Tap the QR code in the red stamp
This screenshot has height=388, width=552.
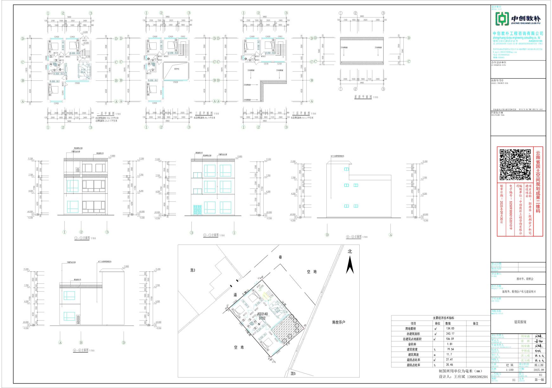(515, 164)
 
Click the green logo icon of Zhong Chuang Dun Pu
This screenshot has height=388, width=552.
(501, 19)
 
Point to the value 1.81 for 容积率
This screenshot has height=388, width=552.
(449, 344)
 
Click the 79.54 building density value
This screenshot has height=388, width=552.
(450, 349)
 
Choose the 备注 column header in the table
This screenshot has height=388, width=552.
(475, 323)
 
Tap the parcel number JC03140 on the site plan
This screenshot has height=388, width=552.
(262, 314)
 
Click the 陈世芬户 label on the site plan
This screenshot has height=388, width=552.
(338, 322)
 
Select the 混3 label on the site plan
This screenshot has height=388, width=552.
(193, 270)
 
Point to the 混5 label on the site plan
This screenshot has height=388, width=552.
(293, 374)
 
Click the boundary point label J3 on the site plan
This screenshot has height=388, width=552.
(305, 325)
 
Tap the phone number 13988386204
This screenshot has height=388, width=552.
(475, 377)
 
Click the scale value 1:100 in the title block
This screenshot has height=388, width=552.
(510, 370)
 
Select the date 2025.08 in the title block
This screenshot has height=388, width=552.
(539, 370)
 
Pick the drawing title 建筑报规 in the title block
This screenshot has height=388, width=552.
(520, 322)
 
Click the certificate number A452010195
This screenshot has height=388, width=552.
(536, 41)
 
